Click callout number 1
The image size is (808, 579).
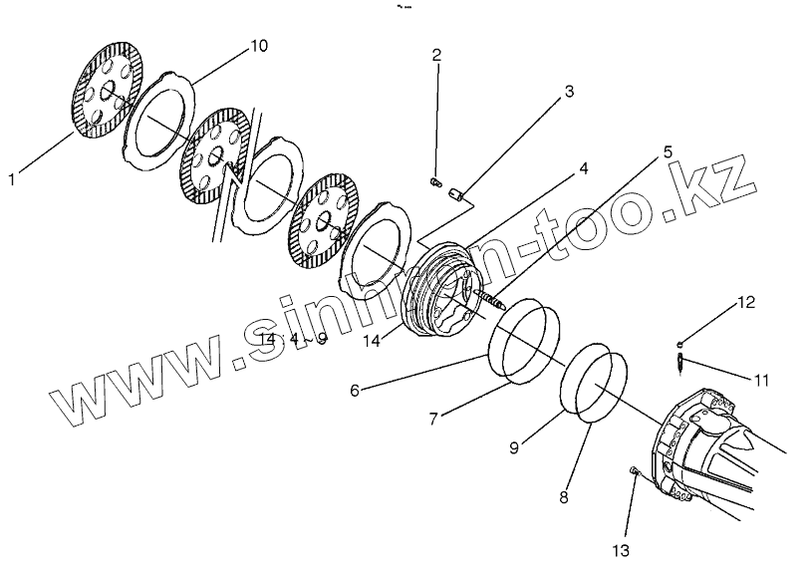point(11,179)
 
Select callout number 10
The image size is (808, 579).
point(259,46)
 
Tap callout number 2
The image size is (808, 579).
point(436,55)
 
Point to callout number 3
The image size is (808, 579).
point(569,93)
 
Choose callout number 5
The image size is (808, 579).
point(668,152)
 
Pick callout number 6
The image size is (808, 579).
point(355,391)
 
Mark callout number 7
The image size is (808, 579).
point(433,420)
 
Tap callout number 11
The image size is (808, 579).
point(761,380)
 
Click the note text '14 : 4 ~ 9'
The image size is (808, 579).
point(292,339)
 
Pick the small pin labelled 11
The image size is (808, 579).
point(677,361)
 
